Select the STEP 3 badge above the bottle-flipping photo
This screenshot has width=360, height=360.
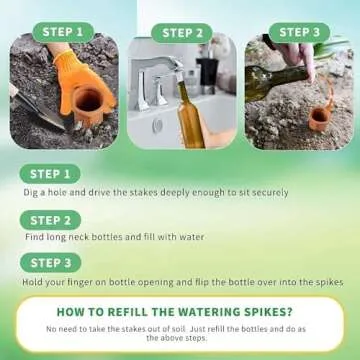(x=299, y=32)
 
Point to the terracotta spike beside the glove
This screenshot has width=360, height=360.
(x=87, y=105)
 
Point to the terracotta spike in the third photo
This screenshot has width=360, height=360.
(x=318, y=119)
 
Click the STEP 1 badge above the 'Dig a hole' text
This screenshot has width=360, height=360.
(x=56, y=174)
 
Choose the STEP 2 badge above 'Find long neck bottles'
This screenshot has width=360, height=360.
(x=56, y=220)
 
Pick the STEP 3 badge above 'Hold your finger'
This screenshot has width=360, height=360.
(x=56, y=265)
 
